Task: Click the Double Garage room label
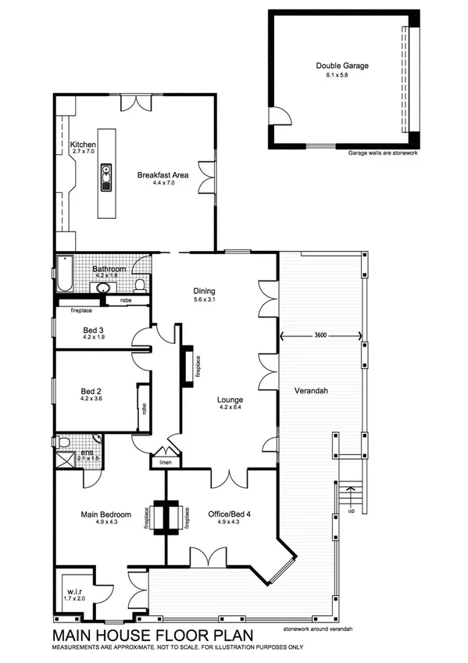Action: [341, 66]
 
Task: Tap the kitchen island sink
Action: [106, 177]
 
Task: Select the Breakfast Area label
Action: [163, 175]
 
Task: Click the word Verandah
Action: [310, 390]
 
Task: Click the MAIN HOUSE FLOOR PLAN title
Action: [149, 636]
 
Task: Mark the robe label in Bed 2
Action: [144, 407]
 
